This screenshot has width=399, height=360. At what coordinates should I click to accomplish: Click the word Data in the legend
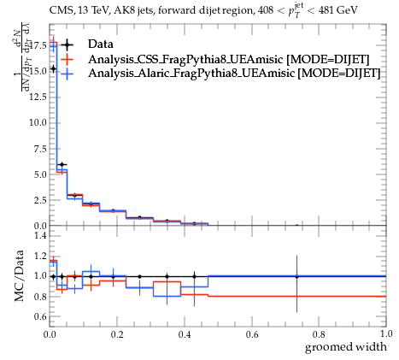(x=101, y=44)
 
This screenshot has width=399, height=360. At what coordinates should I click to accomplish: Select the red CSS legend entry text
(x=229, y=59)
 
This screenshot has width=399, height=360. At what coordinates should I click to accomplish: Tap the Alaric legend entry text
(x=234, y=73)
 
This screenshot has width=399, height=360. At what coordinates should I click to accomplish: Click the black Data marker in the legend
(x=67, y=44)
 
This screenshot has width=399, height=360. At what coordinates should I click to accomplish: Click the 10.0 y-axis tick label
(x=38, y=122)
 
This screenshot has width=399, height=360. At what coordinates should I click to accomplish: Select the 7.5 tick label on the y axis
(x=40, y=149)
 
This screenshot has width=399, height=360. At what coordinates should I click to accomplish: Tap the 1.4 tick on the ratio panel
(x=40, y=235)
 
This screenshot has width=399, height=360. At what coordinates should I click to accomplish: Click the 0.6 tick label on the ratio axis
(x=40, y=316)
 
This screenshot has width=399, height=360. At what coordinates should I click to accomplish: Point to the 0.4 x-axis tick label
(x=185, y=334)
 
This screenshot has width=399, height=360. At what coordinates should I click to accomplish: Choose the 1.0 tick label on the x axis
(x=386, y=334)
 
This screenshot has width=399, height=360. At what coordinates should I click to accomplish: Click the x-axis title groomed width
(x=346, y=347)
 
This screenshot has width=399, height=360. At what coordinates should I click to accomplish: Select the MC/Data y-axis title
(x=19, y=276)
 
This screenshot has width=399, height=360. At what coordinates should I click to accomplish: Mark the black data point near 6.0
(x=62, y=164)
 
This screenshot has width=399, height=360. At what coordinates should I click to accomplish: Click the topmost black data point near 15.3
(x=53, y=68)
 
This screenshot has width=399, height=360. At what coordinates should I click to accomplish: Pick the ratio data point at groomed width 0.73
(x=296, y=276)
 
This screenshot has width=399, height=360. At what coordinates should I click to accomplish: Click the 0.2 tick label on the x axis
(x=117, y=334)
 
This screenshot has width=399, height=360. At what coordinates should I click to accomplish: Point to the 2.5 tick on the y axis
(x=40, y=200)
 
